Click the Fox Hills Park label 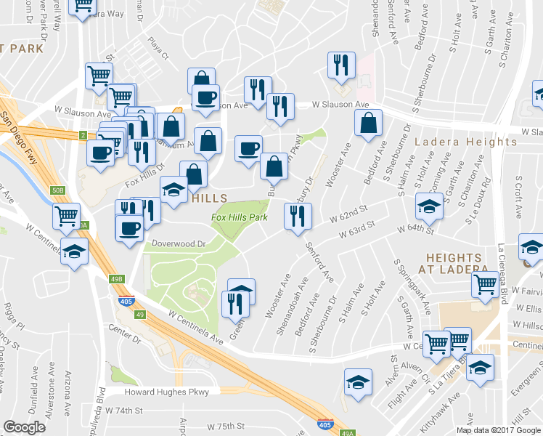240,217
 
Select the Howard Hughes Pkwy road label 166,392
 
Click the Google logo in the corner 25,427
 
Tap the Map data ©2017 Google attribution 498,430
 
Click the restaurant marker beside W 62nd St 298,216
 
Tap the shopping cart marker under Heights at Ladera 483,286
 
